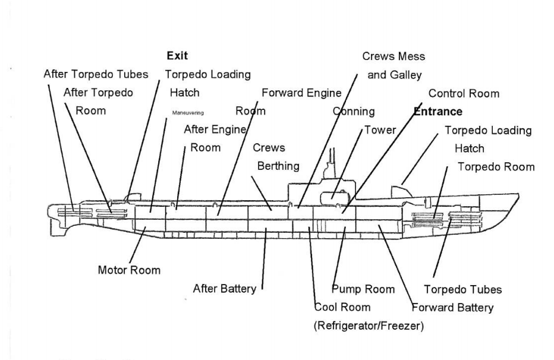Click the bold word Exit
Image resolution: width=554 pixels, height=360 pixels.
click(177, 56)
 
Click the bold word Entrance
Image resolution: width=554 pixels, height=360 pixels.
click(437, 111)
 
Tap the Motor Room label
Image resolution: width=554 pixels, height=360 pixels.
click(129, 270)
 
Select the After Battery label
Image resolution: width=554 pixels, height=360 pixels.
click(225, 289)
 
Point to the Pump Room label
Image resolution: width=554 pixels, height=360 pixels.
click(363, 289)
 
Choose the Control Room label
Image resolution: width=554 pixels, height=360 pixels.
click(464, 93)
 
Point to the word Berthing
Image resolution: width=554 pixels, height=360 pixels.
click(277, 167)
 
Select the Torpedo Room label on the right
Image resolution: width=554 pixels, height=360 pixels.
click(495, 167)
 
